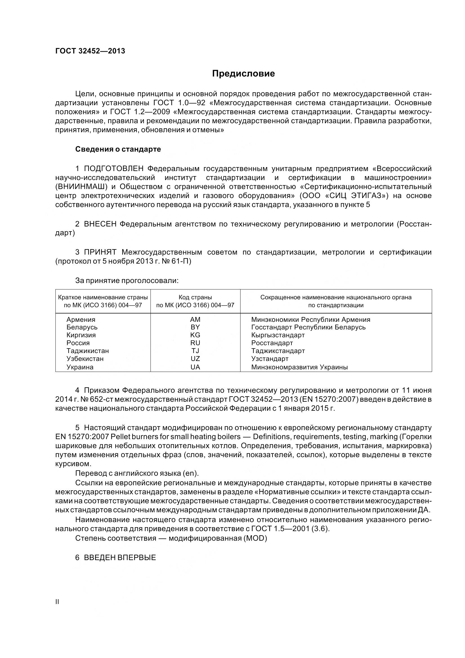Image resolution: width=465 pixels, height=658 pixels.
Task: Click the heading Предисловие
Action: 243,74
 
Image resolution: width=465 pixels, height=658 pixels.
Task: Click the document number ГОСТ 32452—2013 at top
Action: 90,51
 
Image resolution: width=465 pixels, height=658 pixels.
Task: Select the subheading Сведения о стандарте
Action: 118,149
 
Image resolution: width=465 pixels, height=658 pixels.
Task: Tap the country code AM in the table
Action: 195,319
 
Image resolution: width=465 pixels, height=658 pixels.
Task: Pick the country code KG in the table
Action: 195,335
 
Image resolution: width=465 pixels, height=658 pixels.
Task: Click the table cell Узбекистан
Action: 85,358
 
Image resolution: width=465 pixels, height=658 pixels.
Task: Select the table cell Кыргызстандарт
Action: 278,335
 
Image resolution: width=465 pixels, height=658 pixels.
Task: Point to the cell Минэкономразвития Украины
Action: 299,367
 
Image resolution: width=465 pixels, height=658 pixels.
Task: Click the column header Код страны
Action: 195,297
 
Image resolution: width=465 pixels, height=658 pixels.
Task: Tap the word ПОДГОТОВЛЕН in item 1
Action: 115,168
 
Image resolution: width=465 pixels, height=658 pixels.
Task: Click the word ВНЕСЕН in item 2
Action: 100,224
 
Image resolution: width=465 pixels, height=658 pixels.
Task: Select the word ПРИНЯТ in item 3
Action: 100,252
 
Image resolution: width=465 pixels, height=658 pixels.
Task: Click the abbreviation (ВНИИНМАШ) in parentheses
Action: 81,187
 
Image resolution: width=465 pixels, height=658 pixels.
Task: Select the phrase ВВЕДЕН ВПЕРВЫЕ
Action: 120,557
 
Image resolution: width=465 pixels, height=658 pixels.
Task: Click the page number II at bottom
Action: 57,601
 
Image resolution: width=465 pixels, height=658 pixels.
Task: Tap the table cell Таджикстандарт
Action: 278,351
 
